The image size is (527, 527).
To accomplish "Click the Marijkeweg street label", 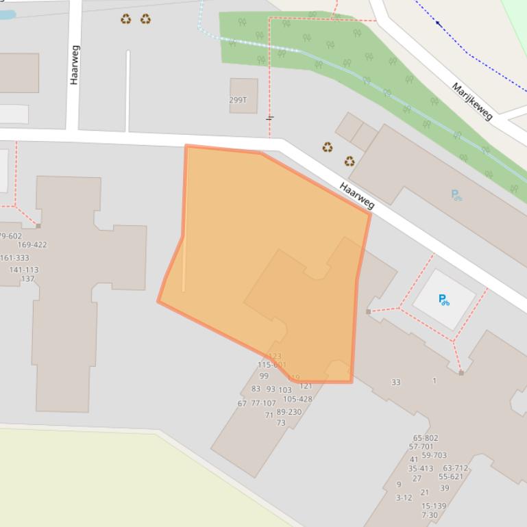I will coord(472,101).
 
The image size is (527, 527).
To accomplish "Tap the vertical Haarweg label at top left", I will coord(75,64).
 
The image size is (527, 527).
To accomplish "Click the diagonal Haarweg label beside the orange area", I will coord(357,196).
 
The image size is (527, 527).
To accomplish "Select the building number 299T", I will coord(238,100).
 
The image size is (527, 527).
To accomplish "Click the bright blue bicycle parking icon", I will coord(443,299).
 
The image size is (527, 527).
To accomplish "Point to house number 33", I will coord(395,382).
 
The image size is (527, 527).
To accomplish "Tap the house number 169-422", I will coord(32,244).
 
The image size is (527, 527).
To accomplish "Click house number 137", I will coord(27,279).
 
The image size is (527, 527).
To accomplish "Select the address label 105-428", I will coord(297,399).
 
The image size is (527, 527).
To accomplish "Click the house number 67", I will coord(242,404).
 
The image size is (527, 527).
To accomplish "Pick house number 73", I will coord(281,423).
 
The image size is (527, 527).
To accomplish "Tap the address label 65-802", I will coord(426,438).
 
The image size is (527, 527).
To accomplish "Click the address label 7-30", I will coord(430,515).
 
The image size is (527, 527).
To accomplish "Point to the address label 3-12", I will coord(404,498).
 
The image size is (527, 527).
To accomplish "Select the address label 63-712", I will coord(456,468).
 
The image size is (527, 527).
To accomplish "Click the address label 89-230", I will coord(289,412).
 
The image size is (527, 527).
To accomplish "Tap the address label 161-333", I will coord(14,258).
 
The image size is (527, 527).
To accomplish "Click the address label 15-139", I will coord(434,506).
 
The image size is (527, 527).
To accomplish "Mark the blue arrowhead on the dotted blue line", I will coord(439,23).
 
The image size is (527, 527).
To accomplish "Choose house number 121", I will coord(306,386).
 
